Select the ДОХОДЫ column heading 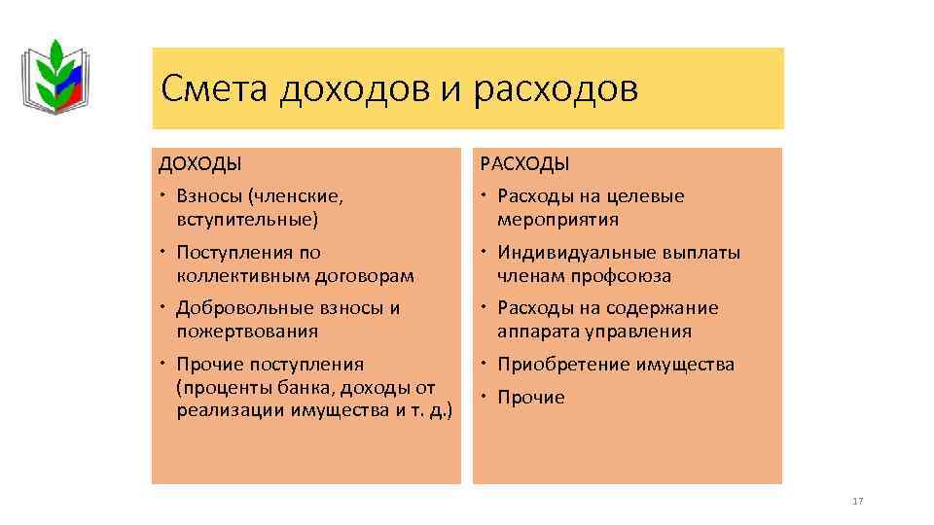200,163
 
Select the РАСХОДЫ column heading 526,163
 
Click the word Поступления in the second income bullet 233,253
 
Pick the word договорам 369,275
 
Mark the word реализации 231,409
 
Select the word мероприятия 557,219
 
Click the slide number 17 857,501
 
